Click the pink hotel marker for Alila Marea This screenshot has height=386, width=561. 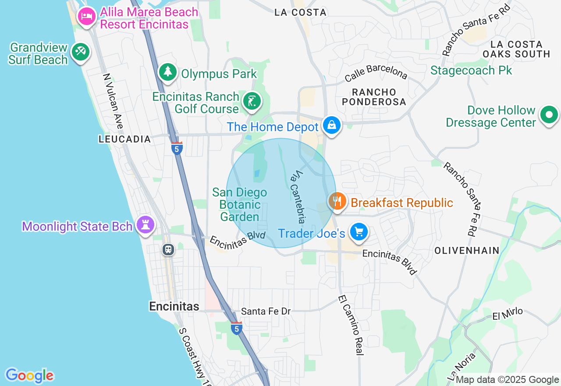click(x=87, y=17)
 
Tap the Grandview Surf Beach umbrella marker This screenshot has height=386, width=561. click(x=80, y=52)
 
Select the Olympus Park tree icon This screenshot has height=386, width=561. click(x=167, y=72)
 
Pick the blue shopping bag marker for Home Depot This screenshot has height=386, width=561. click(x=332, y=125)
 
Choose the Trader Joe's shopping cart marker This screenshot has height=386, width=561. click(x=359, y=232)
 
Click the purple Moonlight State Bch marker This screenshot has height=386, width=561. click(x=146, y=225)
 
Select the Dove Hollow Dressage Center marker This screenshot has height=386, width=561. click(x=549, y=115)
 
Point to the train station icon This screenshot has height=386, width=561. click(x=168, y=250)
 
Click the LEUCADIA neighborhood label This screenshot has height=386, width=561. click(x=124, y=139)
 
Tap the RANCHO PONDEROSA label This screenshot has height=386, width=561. click(x=374, y=97)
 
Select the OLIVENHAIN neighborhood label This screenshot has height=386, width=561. click(x=467, y=250)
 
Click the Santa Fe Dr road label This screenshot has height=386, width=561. click(x=266, y=311)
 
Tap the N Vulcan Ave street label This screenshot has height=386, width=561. click(x=113, y=101)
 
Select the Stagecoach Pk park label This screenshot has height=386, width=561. click(x=471, y=70)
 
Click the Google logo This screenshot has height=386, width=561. click(x=29, y=375)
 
